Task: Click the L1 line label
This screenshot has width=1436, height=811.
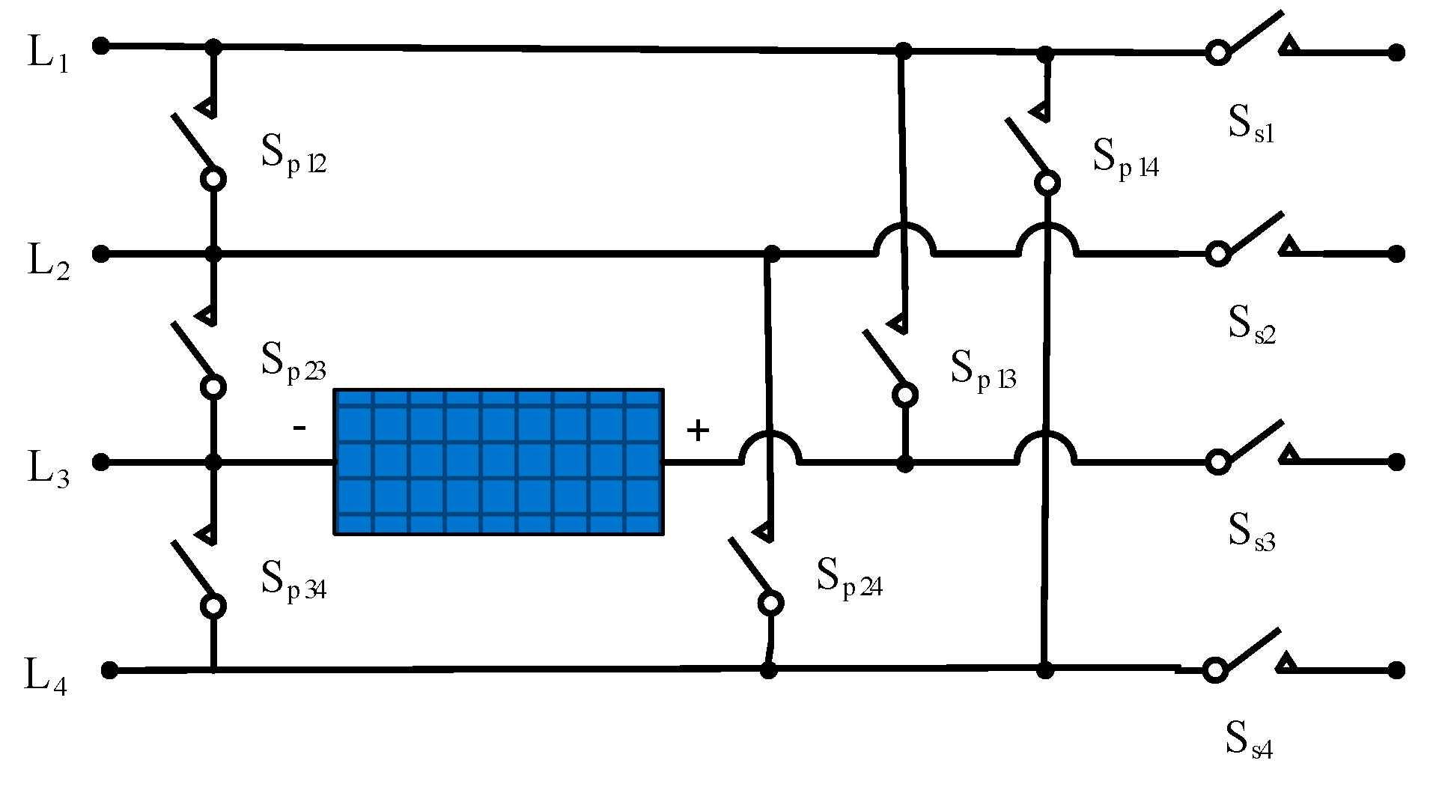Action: (48, 54)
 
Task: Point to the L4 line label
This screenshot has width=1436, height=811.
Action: (46, 677)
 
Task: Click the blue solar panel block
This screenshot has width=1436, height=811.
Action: (498, 461)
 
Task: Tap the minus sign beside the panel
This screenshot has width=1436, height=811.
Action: (299, 428)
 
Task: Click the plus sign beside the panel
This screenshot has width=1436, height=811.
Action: (698, 431)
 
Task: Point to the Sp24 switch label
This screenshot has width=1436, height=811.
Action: (849, 578)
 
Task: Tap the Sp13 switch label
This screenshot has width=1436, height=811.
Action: (983, 370)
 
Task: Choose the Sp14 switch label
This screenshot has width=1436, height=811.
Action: (1125, 159)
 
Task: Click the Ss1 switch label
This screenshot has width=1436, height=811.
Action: (1251, 124)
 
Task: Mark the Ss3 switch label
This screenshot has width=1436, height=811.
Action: (1251, 532)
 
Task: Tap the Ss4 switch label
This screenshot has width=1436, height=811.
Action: (1249, 740)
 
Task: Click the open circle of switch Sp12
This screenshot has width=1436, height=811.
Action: (213, 180)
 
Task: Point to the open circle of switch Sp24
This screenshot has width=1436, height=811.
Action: (770, 603)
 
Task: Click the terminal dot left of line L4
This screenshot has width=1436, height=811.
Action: (109, 670)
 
